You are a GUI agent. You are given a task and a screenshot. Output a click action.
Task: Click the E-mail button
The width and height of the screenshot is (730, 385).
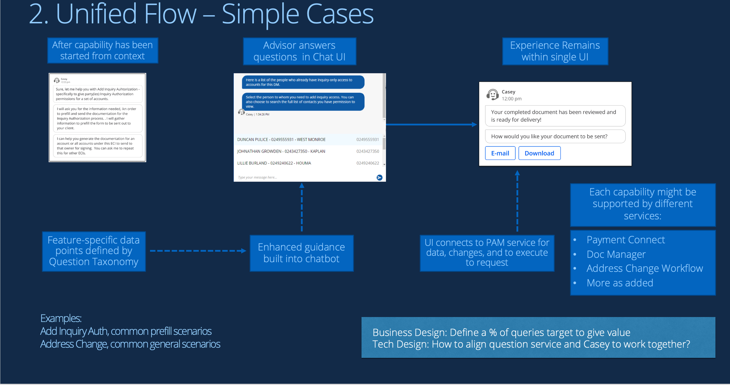(x=500, y=153)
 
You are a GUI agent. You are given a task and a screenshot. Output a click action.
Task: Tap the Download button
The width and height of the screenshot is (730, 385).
(x=539, y=153)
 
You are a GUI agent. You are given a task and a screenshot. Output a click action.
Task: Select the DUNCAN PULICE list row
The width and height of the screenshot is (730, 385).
(x=308, y=139)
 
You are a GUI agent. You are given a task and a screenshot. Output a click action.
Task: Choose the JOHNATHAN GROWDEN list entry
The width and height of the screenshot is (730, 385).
(x=308, y=151)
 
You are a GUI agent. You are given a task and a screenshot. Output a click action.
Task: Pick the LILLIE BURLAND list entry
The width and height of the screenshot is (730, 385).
(x=308, y=163)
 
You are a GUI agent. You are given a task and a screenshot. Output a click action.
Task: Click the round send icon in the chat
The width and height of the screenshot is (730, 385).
(x=379, y=177)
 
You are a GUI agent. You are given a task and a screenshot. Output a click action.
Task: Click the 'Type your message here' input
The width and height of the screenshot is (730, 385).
(x=304, y=177)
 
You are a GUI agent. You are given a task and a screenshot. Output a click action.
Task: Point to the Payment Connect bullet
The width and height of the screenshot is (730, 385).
(x=625, y=240)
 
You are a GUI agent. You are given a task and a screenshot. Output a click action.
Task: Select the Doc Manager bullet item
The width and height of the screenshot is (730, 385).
(x=616, y=254)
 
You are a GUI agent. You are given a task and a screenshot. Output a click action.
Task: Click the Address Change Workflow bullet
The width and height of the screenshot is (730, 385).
(x=644, y=268)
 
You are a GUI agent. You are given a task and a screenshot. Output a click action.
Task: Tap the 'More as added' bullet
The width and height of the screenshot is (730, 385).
(x=620, y=283)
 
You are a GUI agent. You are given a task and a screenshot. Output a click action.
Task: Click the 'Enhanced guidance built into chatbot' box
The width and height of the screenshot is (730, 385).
(x=301, y=253)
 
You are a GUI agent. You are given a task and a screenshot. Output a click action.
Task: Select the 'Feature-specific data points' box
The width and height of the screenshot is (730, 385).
(x=94, y=251)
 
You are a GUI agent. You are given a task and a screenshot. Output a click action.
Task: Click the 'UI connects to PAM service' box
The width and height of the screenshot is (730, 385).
(x=487, y=253)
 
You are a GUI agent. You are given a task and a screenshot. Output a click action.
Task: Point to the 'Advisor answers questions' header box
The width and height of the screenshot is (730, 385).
(x=299, y=51)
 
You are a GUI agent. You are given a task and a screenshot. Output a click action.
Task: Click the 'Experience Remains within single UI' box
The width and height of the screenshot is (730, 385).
(x=555, y=51)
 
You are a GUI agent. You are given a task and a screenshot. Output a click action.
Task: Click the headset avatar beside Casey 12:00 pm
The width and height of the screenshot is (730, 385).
(x=493, y=95)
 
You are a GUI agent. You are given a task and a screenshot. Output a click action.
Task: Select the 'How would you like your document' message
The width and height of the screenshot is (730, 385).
(x=555, y=137)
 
